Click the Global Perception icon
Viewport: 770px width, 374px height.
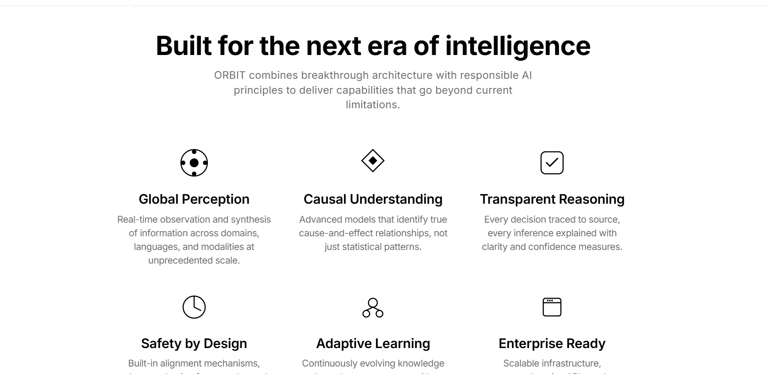(x=194, y=163)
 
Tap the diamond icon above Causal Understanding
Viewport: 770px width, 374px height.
(x=373, y=161)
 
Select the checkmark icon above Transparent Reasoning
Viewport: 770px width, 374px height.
(x=552, y=163)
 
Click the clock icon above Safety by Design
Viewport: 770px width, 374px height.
(x=194, y=307)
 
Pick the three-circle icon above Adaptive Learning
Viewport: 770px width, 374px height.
(x=373, y=308)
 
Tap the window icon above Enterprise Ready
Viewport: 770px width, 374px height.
(x=552, y=307)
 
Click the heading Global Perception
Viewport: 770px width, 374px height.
(x=194, y=199)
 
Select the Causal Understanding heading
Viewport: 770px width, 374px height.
(x=373, y=199)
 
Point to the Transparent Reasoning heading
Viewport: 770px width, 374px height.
(x=552, y=199)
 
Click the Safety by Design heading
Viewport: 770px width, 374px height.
(x=194, y=344)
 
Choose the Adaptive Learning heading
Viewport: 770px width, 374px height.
(x=373, y=344)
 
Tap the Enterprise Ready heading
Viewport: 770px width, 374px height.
(x=552, y=344)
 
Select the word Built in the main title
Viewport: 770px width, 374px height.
(x=184, y=46)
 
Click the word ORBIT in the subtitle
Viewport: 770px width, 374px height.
(x=229, y=75)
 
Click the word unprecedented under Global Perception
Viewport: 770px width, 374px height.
(x=180, y=260)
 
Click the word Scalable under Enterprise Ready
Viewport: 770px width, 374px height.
(x=521, y=363)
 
